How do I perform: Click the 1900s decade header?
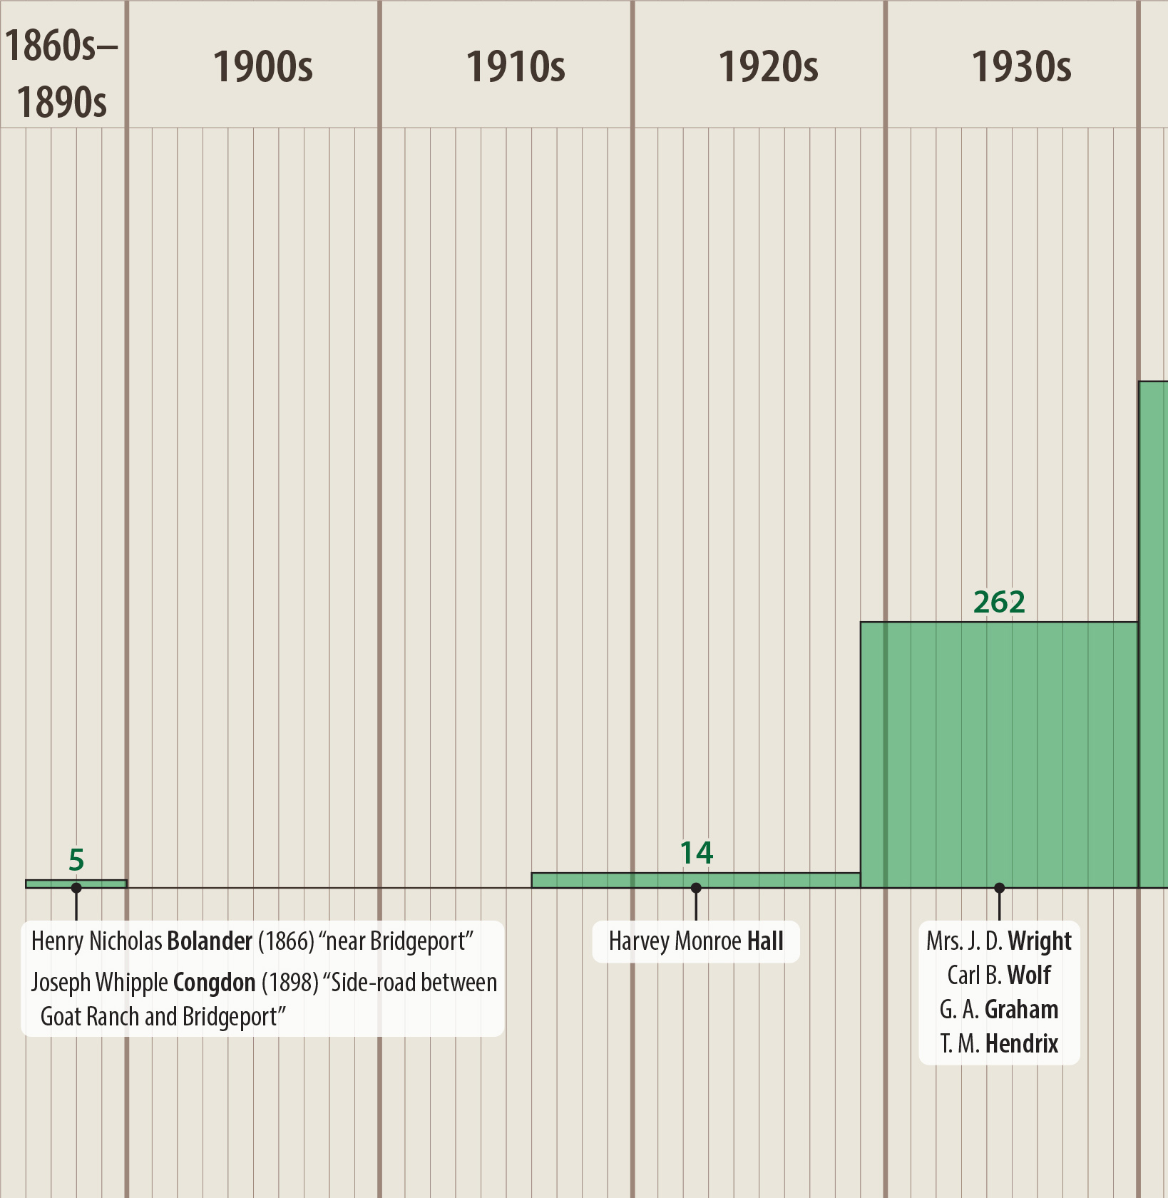click(x=262, y=67)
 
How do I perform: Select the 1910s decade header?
click(x=515, y=67)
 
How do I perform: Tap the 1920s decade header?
click(x=768, y=67)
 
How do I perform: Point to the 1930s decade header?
click(x=1021, y=67)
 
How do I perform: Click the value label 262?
click(x=999, y=603)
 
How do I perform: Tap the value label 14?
click(x=696, y=853)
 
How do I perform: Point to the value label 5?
click(x=76, y=860)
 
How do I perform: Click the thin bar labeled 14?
click(x=696, y=881)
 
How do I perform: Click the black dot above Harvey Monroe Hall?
click(x=696, y=888)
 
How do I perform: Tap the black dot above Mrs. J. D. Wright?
click(x=999, y=888)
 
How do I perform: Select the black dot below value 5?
click(x=76, y=888)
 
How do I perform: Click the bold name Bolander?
click(x=210, y=941)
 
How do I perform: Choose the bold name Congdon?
click(x=214, y=983)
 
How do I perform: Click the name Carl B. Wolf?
click(x=998, y=975)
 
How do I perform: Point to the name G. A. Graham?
click(x=998, y=1010)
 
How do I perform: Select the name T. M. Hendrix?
click(x=998, y=1044)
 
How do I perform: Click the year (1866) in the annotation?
click(x=285, y=941)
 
